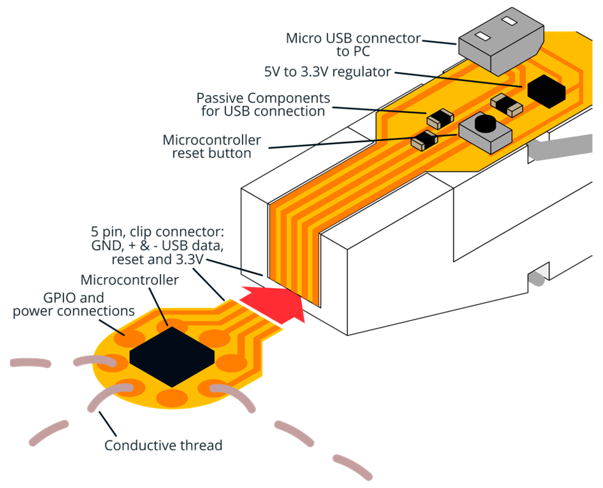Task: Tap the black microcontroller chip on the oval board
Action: [172, 357]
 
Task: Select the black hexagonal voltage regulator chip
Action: [546, 91]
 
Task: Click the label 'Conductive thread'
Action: [163, 445]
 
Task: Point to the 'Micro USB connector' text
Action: [353, 38]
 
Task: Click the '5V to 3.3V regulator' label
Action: [327, 72]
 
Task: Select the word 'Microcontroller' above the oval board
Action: [129, 280]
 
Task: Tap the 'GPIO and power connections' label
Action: [74, 304]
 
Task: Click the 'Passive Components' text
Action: [263, 98]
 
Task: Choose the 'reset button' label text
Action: [212, 153]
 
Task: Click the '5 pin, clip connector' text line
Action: [157, 232]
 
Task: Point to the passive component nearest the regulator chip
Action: [506, 105]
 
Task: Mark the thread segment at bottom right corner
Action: [352, 467]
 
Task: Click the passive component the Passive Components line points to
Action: [440, 118]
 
